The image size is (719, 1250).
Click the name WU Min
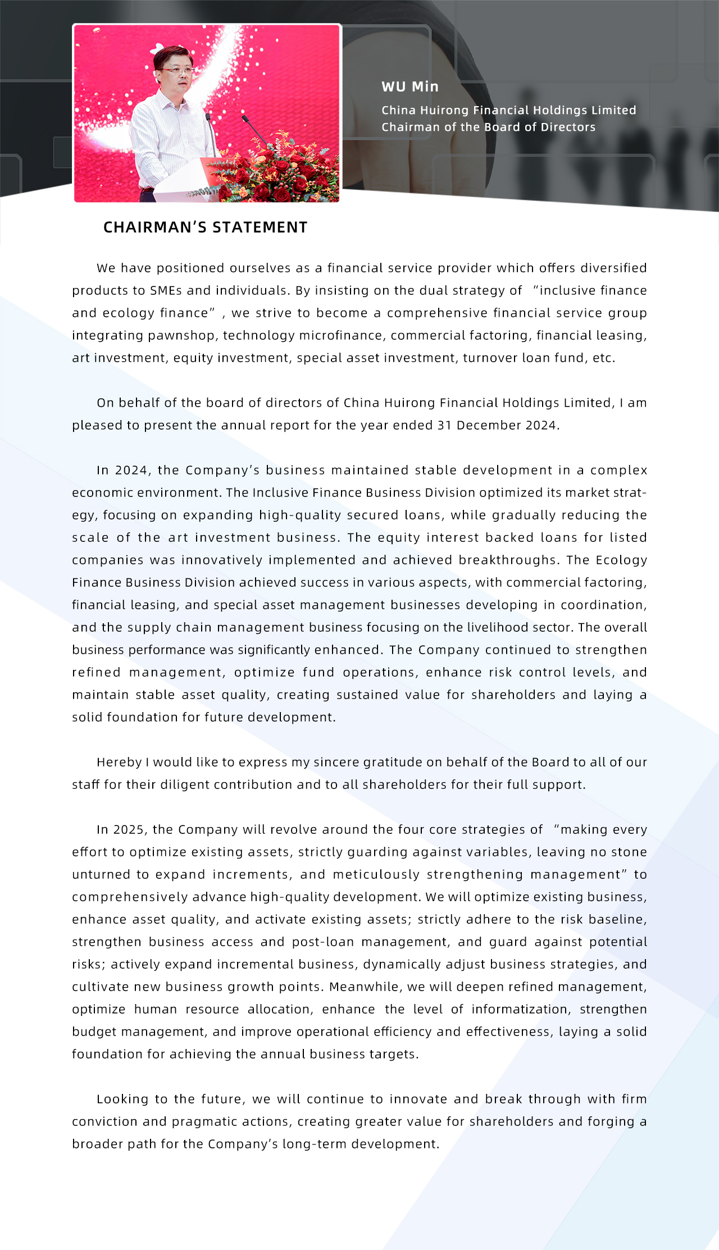410,86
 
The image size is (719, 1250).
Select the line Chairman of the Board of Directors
488,127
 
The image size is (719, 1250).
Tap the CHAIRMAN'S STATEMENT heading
205,227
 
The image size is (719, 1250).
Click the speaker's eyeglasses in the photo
176,71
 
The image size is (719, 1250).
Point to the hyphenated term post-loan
322,942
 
